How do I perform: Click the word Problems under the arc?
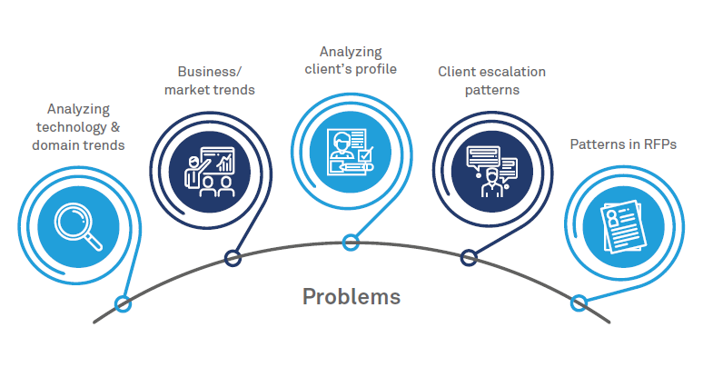point(351,297)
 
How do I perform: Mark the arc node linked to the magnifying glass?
point(123,303)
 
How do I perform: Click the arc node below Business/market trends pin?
point(233,259)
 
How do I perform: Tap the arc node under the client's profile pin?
point(351,242)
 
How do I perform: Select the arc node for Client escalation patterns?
point(469,258)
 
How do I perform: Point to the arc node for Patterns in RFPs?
point(578,303)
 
